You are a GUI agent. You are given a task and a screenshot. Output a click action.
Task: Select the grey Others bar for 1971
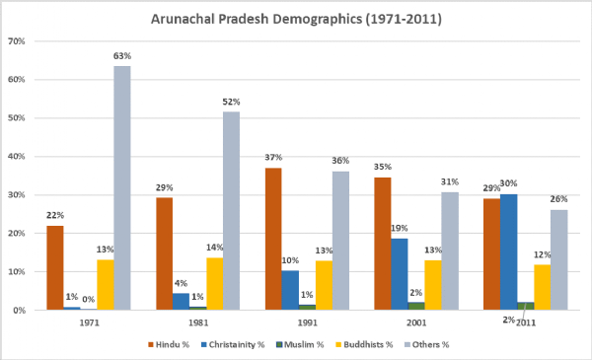[x=121, y=187]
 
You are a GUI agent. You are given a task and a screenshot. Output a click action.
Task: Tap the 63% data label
[x=121, y=58]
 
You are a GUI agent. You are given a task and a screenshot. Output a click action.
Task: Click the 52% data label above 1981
[x=231, y=102]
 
